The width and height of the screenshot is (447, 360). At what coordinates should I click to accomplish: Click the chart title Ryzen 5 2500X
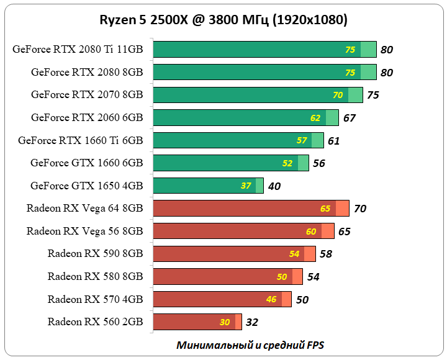pyautogui.click(x=223, y=20)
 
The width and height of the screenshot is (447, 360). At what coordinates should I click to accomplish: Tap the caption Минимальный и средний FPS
pyautogui.click(x=250, y=344)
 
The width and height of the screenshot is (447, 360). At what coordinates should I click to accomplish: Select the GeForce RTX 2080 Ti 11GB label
pyautogui.click(x=78, y=50)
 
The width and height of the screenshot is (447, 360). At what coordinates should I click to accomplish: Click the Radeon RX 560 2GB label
pyautogui.click(x=95, y=322)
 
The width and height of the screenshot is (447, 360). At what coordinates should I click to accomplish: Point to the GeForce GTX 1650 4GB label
pyautogui.click(x=86, y=186)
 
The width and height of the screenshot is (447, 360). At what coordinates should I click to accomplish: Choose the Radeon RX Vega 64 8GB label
pyautogui.click(x=84, y=208)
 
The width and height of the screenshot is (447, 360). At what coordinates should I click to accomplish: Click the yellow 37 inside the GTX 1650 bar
pyautogui.click(x=246, y=186)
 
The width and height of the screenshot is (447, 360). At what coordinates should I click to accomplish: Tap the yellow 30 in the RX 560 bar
pyautogui.click(x=225, y=322)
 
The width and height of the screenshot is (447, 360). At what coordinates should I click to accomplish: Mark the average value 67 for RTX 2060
pyautogui.click(x=349, y=118)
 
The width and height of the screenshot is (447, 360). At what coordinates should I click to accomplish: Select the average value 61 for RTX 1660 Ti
pyautogui.click(x=333, y=141)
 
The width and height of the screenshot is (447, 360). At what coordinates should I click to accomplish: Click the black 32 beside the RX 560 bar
pyautogui.click(x=251, y=322)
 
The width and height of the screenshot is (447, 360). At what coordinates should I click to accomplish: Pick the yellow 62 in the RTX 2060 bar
pyautogui.click(x=316, y=118)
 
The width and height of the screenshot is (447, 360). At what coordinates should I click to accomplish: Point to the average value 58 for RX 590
pyautogui.click(x=325, y=254)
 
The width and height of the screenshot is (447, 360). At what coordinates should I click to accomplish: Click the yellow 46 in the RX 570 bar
pyautogui.click(x=271, y=299)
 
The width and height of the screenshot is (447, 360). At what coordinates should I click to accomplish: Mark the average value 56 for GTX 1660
pyautogui.click(x=319, y=163)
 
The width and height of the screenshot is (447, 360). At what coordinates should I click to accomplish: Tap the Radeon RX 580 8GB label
pyautogui.click(x=95, y=276)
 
